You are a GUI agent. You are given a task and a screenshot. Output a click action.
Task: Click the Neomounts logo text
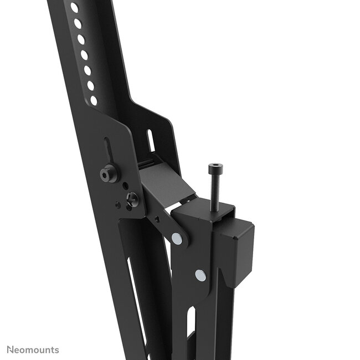pos(33,350)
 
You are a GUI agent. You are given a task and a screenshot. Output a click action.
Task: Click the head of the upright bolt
pos(213,167)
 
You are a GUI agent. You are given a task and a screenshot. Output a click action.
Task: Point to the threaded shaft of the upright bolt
pos(214,188)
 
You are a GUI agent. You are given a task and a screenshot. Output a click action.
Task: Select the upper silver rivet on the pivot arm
pos(177,238)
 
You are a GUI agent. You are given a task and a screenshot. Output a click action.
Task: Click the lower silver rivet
pos(200,274)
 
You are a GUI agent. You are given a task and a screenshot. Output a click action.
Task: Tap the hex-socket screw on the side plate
pos(107,174)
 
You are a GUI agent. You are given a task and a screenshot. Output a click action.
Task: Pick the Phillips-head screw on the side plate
pos(132,199)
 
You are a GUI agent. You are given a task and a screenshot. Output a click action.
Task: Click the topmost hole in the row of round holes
pos(74,8)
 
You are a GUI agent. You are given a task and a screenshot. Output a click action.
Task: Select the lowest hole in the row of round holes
pos(94,100)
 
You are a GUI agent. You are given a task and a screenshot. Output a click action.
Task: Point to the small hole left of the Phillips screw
pos(118,205)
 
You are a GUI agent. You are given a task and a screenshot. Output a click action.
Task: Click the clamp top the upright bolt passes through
pos(203,211)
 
